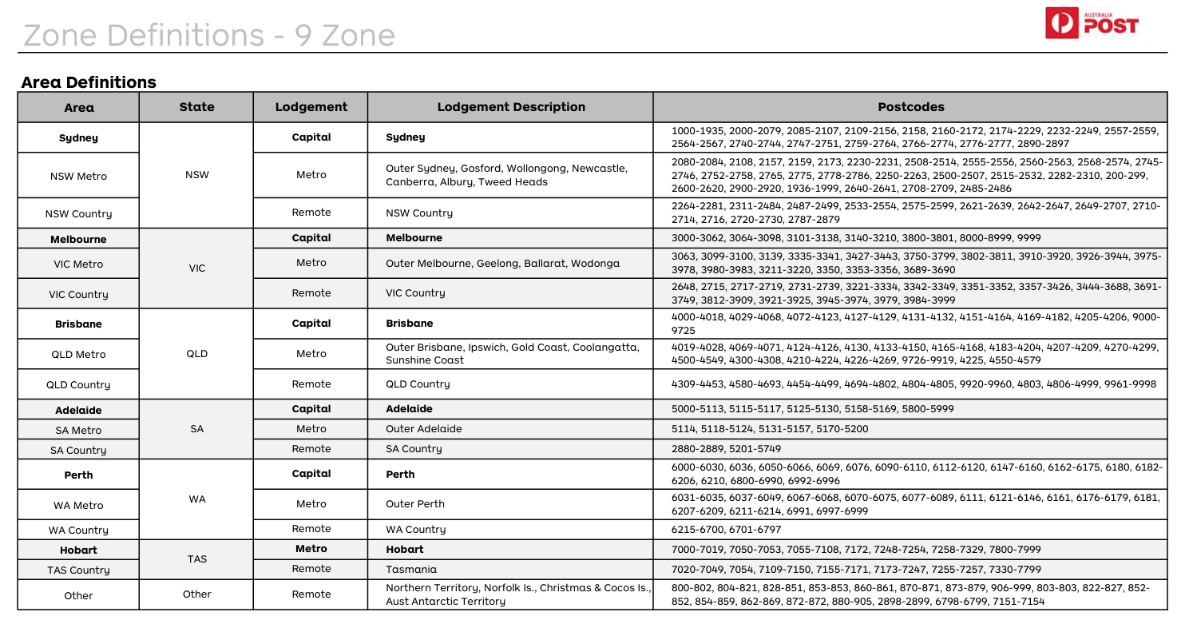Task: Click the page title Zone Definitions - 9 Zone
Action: pos(208,35)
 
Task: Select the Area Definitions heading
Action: pos(89,81)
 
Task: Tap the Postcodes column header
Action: pos(910,107)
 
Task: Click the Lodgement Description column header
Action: pos(511,107)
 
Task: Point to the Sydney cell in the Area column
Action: pos(78,137)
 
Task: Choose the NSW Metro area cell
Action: pos(78,176)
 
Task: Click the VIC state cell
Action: pos(197,268)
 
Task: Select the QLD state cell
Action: pos(197,354)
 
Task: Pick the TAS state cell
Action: pos(197,559)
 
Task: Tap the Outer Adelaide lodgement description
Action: pos(423,428)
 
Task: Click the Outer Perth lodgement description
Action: pos(414,504)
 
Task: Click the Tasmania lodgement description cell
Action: pos(410,569)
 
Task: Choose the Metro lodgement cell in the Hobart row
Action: pos(311,549)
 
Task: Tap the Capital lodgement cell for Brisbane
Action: pos(311,324)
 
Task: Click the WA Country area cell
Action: pos(78,530)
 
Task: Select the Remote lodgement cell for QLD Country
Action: pos(311,384)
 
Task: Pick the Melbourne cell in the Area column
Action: pos(78,239)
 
